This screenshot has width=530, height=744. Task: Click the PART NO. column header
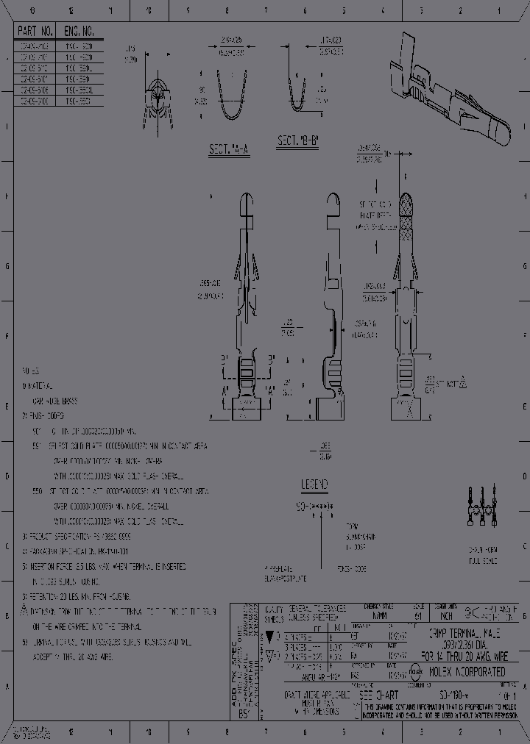click(x=35, y=32)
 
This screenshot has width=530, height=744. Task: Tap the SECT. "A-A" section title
click(x=229, y=150)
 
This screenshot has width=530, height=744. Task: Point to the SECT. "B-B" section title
click(x=297, y=140)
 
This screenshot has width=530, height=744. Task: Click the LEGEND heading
click(x=314, y=484)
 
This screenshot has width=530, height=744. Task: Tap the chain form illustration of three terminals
click(x=483, y=507)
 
